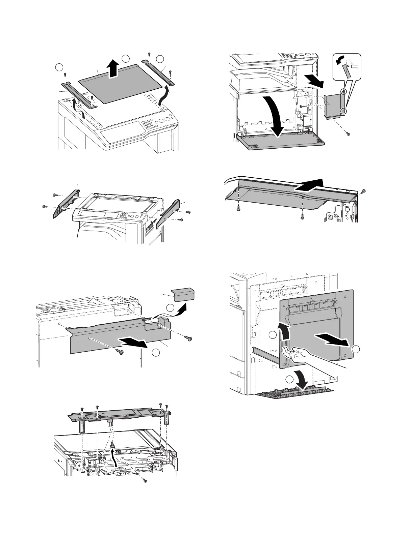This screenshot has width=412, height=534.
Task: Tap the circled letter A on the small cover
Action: coord(342,91)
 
